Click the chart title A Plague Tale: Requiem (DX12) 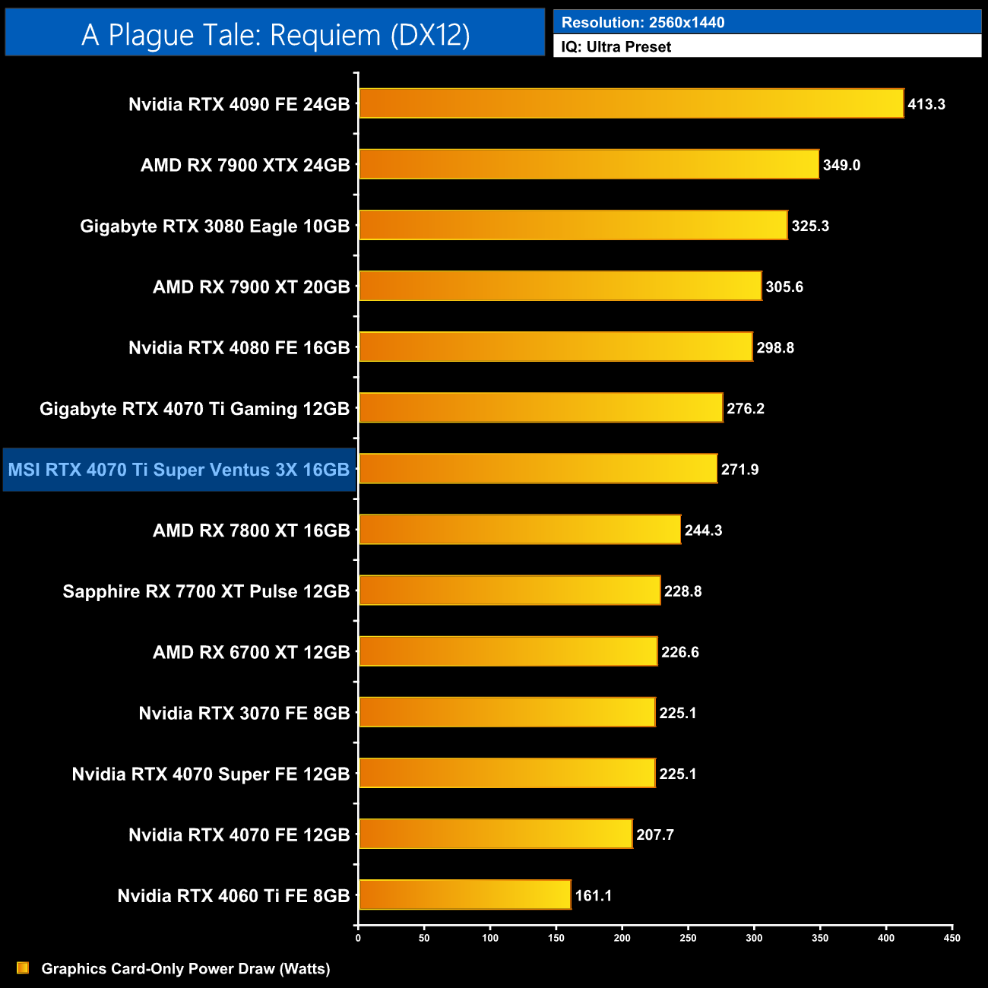tap(275, 34)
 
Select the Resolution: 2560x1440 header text tap(643, 22)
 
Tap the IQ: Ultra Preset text tap(616, 46)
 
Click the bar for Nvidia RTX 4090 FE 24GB tap(631, 103)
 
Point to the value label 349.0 tap(841, 165)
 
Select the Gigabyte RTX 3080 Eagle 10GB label tap(215, 226)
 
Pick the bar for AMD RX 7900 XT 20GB tap(560, 286)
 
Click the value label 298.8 tap(775, 347)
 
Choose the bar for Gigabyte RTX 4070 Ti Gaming tap(540, 407)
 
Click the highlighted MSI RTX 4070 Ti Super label tap(179, 470)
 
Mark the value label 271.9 tap(739, 469)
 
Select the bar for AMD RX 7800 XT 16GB tap(520, 530)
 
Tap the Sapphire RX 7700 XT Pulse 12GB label tap(206, 591)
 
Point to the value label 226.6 tap(679, 652)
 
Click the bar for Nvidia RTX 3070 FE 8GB tap(507, 712)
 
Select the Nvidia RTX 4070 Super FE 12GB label tap(211, 774)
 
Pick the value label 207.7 tap(655, 834)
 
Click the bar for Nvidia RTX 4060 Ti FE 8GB tap(464, 895)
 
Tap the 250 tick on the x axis tap(688, 938)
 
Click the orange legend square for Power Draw tap(23, 967)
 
